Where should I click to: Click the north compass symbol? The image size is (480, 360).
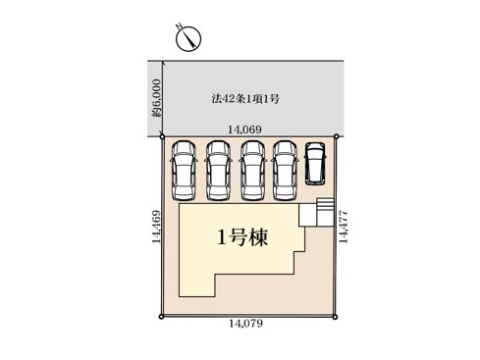point(188,38)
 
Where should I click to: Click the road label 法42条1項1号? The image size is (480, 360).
point(245,98)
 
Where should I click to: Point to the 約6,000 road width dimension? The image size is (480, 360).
point(157,98)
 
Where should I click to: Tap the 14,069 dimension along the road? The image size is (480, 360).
point(244,129)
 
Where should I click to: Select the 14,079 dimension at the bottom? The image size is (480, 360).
point(245,324)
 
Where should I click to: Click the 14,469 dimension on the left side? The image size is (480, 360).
point(156,227)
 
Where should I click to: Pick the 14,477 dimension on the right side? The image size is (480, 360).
point(344,227)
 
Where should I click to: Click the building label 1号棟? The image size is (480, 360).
point(242,237)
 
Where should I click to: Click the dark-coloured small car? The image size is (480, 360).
point(315,163)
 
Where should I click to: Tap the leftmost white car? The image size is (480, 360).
point(184,171)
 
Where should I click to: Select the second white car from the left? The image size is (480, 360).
point(218,171)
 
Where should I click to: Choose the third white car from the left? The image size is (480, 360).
point(253,171)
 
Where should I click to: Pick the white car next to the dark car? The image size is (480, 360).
point(286,171)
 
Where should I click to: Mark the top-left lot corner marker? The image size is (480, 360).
point(162,136)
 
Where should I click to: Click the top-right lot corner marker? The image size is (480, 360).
point(336,136)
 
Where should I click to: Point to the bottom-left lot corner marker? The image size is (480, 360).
point(161,317)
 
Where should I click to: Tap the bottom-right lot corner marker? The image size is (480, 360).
point(335,317)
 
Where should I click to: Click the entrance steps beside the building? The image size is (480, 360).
point(325,212)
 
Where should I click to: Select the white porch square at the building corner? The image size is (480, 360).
point(308,215)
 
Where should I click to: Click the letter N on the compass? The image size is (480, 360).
point(179,26)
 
